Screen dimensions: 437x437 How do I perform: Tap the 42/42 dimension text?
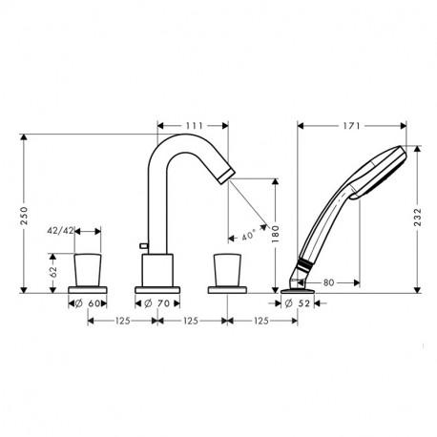[x=63, y=231]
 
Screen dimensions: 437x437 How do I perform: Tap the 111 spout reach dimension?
[x=194, y=125]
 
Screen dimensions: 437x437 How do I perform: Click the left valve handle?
[x=88, y=268]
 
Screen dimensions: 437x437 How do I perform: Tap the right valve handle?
[x=229, y=268]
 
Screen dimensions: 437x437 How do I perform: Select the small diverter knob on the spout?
[x=144, y=248]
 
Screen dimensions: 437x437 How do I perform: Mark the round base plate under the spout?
[x=156, y=288]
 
